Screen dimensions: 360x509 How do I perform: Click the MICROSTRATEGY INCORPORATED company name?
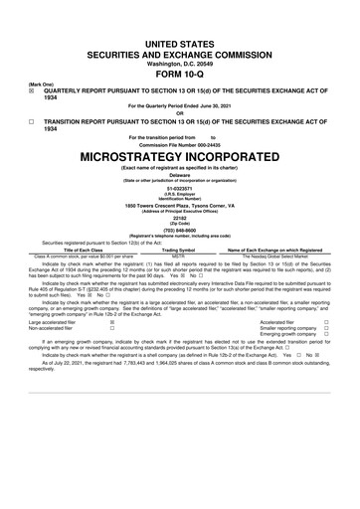coord(179,157)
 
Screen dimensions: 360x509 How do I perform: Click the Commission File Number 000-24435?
coord(179,144)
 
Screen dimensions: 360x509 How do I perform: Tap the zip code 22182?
coord(179,219)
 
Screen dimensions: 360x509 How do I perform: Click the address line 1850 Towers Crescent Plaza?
coord(179,205)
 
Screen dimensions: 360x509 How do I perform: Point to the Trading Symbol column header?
coord(179,250)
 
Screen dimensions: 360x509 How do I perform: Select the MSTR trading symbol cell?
coord(179,255)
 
